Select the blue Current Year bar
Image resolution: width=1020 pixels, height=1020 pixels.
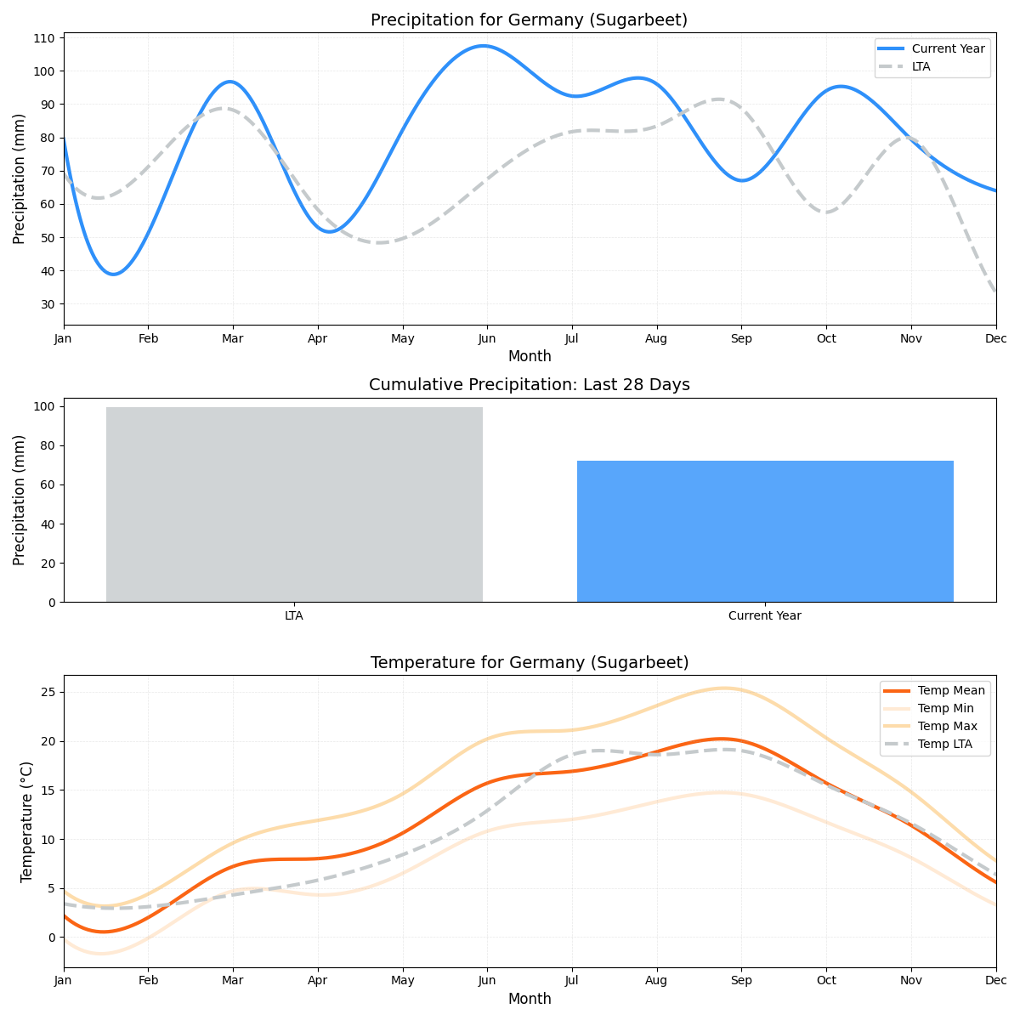pyautogui.click(x=765, y=531)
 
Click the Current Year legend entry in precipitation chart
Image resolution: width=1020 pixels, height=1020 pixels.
pyautogui.click(x=948, y=48)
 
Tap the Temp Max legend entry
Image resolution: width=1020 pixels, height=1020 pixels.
pyautogui.click(x=947, y=726)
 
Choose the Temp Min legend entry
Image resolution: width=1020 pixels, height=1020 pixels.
pyautogui.click(x=945, y=708)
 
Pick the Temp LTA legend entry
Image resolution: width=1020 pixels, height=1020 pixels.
pyautogui.click(x=944, y=744)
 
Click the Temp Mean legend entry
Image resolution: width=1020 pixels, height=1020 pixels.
pyautogui.click(x=951, y=690)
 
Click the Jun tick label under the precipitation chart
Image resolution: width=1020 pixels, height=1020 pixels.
pyautogui.click(x=487, y=338)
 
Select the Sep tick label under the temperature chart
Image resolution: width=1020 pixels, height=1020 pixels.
pyautogui.click(x=741, y=981)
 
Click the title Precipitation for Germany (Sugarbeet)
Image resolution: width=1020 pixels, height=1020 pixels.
pyautogui.click(x=529, y=20)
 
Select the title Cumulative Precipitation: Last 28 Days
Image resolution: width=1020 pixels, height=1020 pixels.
pyautogui.click(x=529, y=385)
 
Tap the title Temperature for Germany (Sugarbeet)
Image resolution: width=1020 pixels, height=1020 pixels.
pyautogui.click(x=529, y=663)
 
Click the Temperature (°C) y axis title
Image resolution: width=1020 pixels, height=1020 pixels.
pyautogui.click(x=27, y=821)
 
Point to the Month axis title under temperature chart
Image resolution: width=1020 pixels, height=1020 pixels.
pyautogui.click(x=529, y=999)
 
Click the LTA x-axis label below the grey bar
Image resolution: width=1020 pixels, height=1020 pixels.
pyautogui.click(x=294, y=615)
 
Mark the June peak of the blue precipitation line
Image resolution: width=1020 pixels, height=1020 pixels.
pyautogui.click(x=483, y=46)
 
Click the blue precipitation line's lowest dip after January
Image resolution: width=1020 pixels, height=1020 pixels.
pyautogui.click(x=114, y=274)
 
